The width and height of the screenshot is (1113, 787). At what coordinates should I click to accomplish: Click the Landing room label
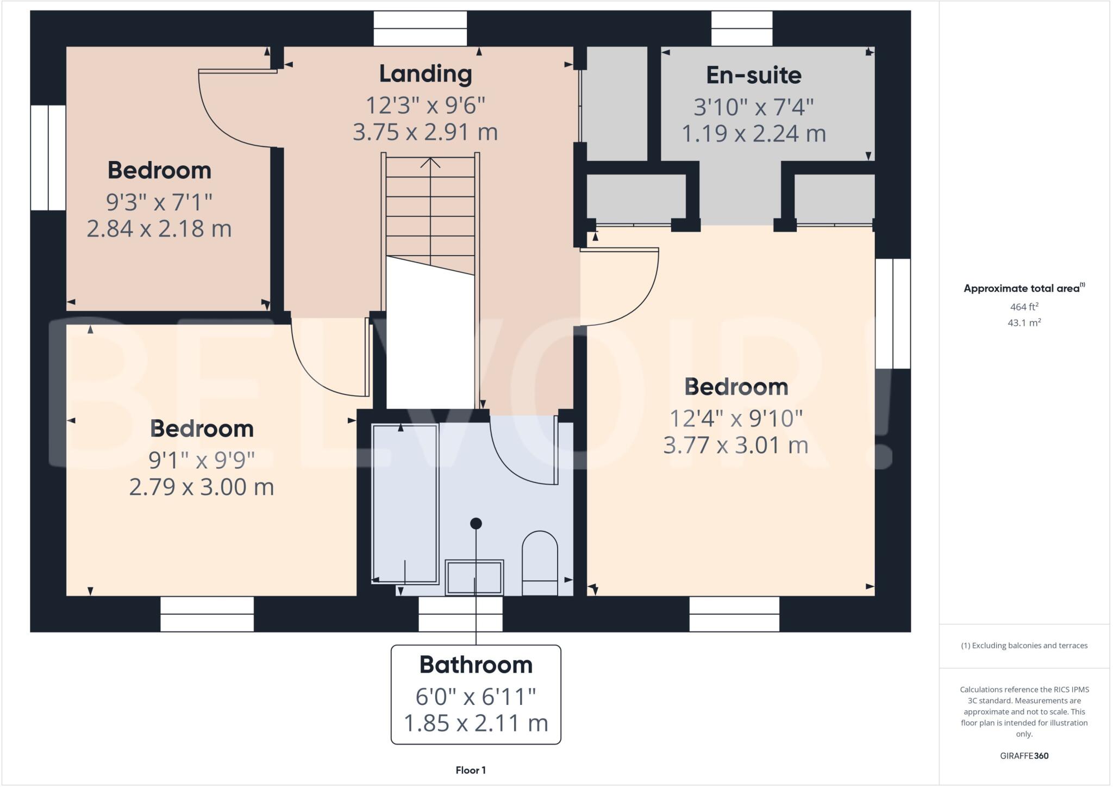point(425,74)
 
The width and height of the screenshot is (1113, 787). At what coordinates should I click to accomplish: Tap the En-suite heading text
point(753,75)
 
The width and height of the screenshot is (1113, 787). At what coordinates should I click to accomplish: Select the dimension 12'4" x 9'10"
point(735,419)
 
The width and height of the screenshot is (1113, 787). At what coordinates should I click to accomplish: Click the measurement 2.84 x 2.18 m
point(159,228)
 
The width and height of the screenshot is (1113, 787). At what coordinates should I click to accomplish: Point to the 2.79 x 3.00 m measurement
point(201,487)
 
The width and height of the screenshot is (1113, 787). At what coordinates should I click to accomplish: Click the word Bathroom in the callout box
point(476,665)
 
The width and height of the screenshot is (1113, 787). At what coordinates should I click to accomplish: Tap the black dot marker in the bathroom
point(476,523)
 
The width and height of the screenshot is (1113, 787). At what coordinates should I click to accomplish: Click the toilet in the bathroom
point(540,563)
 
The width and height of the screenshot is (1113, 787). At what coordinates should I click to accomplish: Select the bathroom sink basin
point(474,578)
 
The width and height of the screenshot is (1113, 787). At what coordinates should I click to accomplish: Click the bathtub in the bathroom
point(405,503)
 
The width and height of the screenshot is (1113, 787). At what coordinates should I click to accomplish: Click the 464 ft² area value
point(1024,307)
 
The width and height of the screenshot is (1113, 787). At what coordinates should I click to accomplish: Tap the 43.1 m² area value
point(1024,323)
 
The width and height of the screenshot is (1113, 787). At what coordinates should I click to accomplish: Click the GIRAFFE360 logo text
point(1024,755)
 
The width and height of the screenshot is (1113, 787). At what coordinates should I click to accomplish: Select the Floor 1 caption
point(471,770)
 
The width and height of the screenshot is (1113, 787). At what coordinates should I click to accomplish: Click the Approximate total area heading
point(1023,288)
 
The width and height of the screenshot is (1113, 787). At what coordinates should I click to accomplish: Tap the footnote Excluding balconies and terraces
point(1024,646)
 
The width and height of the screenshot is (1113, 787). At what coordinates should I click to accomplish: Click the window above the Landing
point(420,28)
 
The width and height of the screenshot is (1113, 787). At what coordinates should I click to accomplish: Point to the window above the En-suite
point(741,28)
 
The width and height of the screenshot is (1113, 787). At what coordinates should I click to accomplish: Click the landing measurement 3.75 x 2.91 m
point(425,132)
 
